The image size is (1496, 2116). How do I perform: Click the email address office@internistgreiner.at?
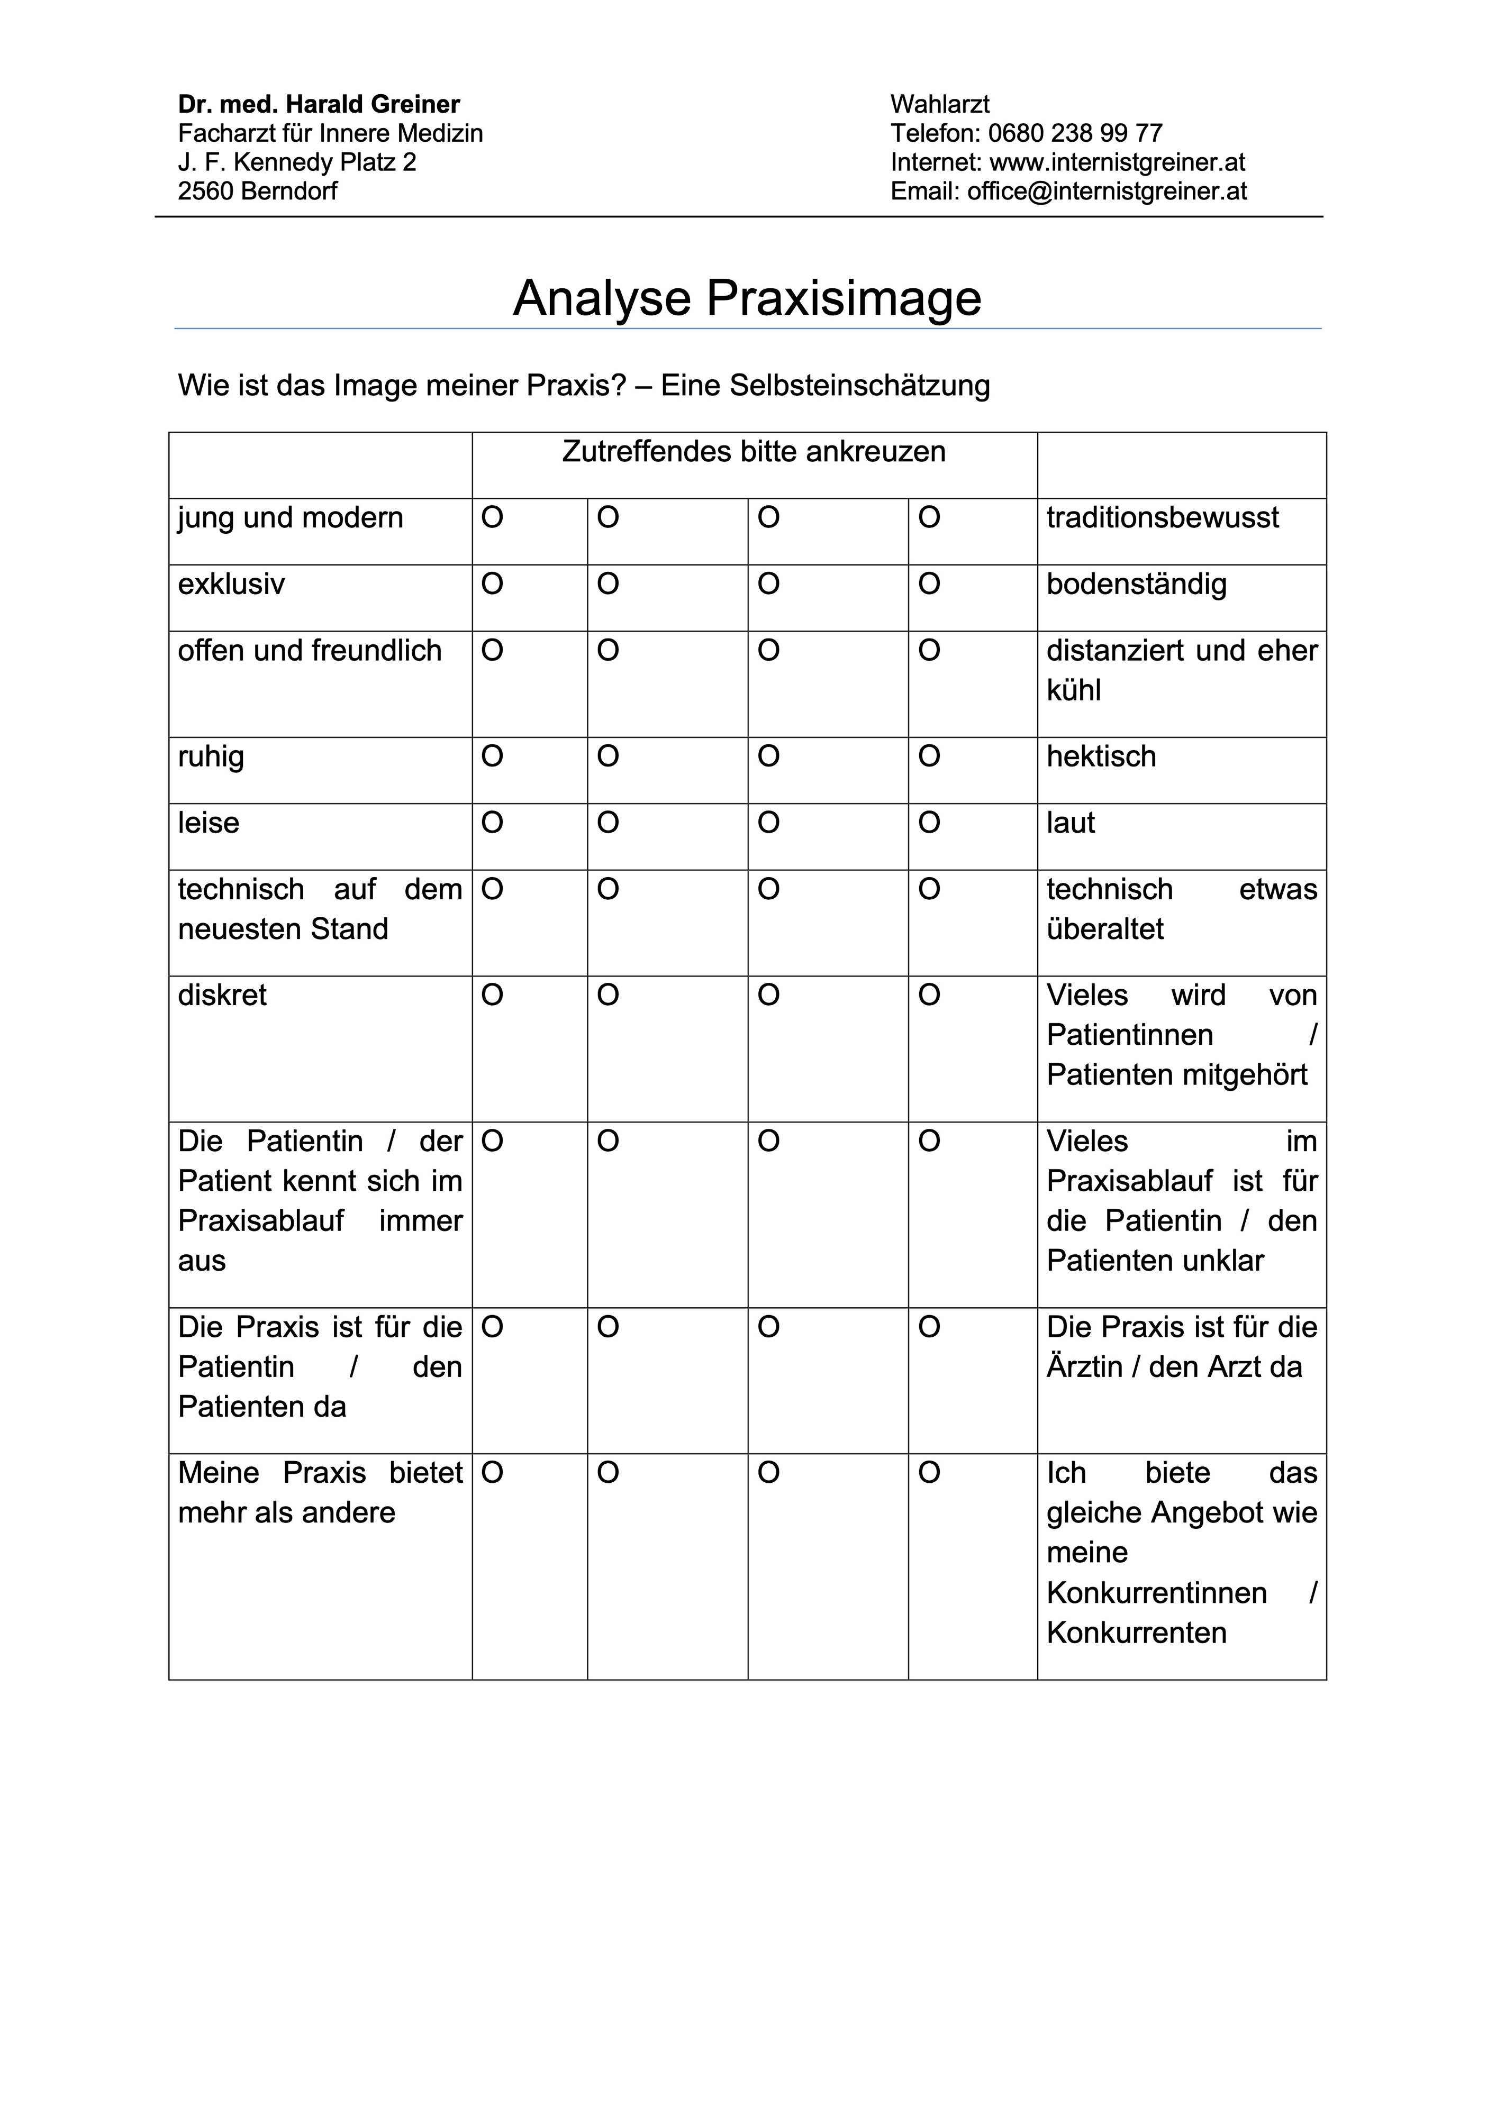(x=1106, y=191)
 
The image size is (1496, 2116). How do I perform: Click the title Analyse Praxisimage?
(x=747, y=298)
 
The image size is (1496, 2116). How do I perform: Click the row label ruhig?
(x=211, y=756)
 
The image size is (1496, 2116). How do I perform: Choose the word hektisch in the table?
(x=1101, y=756)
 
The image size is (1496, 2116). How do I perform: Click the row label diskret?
(x=222, y=996)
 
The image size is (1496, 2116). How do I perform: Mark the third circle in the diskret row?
(x=769, y=996)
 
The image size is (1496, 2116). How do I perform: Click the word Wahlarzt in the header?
(x=939, y=104)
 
